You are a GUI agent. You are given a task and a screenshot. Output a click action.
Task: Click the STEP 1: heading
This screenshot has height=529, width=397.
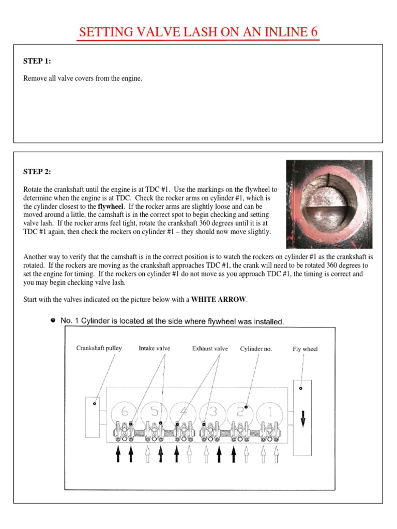click(37, 61)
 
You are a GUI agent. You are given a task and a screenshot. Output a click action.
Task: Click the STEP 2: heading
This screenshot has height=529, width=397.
click(37, 172)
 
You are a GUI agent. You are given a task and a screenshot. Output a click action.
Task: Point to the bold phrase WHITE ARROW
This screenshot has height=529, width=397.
click(219, 300)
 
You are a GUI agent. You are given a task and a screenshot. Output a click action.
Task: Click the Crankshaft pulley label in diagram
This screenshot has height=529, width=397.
click(99, 348)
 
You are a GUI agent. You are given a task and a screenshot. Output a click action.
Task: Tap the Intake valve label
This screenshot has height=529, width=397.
click(154, 349)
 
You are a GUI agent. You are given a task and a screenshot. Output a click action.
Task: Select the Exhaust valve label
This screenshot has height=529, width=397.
click(210, 349)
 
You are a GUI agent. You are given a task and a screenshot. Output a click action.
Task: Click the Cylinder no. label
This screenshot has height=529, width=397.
click(256, 349)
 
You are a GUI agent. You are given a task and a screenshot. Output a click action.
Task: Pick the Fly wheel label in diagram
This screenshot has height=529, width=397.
click(305, 349)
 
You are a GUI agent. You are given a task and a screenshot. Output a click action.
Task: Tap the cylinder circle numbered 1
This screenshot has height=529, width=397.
click(270, 412)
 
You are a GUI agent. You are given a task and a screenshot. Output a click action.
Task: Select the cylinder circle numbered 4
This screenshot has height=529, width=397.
click(183, 412)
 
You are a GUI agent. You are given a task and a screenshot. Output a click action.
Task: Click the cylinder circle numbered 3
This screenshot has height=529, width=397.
click(212, 412)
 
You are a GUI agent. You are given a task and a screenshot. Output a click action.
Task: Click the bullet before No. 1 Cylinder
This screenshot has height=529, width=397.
click(53, 320)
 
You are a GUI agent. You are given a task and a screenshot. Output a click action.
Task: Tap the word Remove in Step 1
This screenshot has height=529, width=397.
click(35, 79)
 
